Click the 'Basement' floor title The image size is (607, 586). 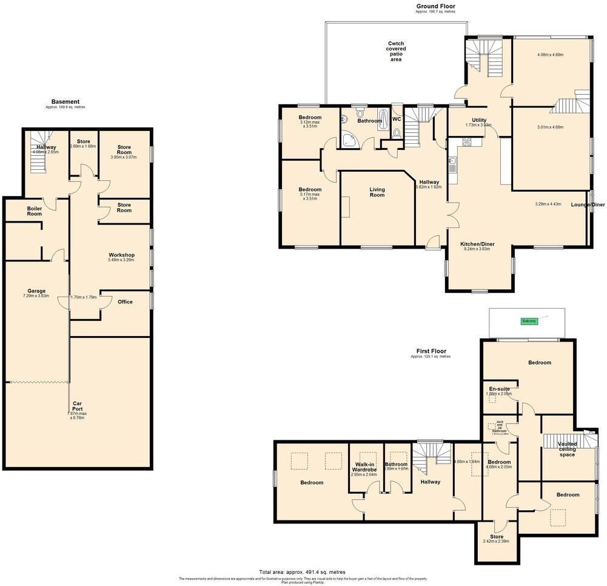[x=65, y=102]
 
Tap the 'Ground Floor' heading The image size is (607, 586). [x=435, y=6]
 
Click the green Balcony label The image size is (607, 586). [x=529, y=321]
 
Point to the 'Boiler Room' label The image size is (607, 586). [x=35, y=211]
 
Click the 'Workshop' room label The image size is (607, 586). [x=121, y=255]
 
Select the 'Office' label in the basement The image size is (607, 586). [x=126, y=301]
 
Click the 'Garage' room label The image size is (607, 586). [x=36, y=291]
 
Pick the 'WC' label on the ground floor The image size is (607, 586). [x=397, y=120]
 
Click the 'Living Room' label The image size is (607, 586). [x=377, y=192]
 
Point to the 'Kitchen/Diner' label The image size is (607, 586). [x=479, y=244]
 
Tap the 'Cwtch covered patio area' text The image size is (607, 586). [x=397, y=52]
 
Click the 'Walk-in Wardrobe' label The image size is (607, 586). [x=366, y=467]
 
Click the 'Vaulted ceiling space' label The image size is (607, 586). [x=566, y=449]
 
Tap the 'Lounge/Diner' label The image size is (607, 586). [x=587, y=205]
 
